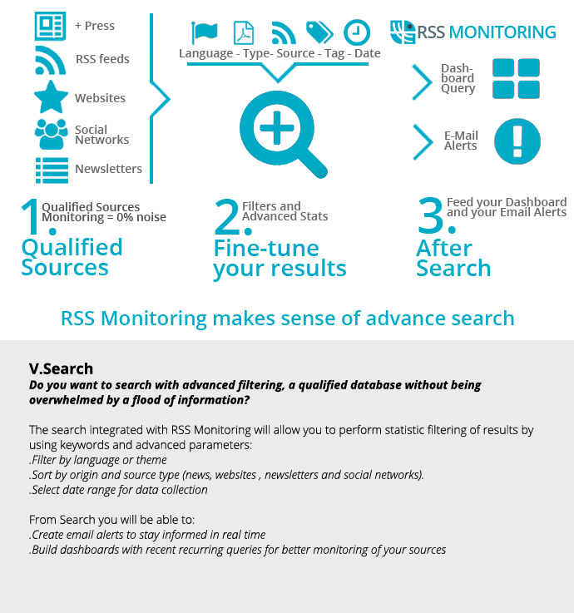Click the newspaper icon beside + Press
[x=50, y=26]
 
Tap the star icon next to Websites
[x=51, y=97]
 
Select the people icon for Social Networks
[x=51, y=134]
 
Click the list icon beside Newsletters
[x=52, y=170]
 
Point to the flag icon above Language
[x=205, y=32]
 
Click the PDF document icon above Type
[x=244, y=32]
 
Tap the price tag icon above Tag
[x=319, y=32]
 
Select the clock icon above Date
[x=357, y=32]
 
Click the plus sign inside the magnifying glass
[x=277, y=127]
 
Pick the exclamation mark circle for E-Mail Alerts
[x=517, y=141]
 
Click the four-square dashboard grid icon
[x=516, y=78]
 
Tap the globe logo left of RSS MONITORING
[x=403, y=32]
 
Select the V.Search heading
[x=61, y=368]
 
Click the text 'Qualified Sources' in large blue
[x=72, y=257]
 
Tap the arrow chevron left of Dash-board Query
[x=423, y=82]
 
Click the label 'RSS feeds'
[x=102, y=59]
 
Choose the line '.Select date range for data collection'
[x=118, y=490]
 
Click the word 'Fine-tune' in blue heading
[x=266, y=248]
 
